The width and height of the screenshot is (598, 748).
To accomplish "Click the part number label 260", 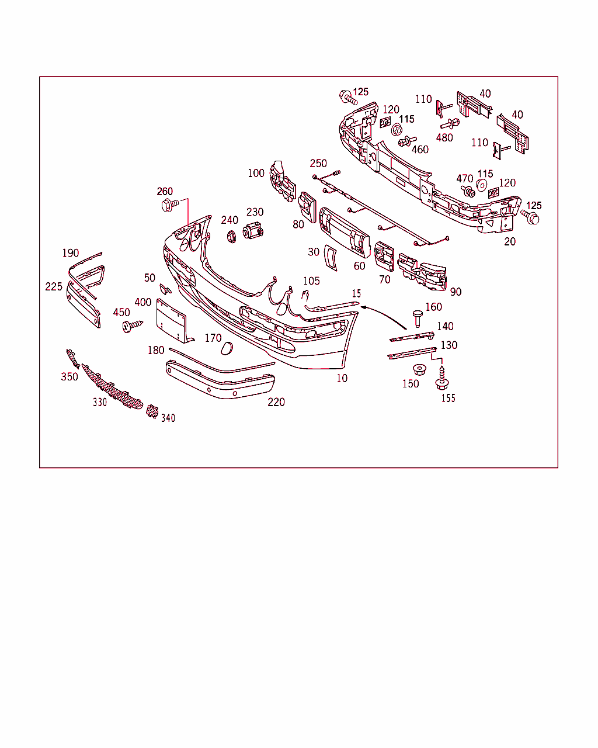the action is point(165,191).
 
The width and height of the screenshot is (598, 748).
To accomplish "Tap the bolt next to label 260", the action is point(170,205).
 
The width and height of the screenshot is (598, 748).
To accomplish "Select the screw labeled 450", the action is point(133,326).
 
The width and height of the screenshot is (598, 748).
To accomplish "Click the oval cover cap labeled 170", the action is point(227,348).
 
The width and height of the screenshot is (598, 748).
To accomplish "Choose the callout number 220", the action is point(276,402).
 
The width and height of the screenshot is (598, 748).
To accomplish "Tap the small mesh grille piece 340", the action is point(152,411).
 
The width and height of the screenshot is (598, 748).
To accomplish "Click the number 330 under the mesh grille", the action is point(100,402).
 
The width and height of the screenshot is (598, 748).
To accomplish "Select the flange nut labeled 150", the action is point(420,369).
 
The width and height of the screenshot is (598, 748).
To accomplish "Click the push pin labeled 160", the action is point(418,318).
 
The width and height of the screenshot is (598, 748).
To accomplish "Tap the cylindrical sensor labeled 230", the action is point(253,231).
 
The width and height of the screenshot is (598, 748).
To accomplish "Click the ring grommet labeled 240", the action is point(231,237).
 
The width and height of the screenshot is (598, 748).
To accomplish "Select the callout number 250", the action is point(318,164).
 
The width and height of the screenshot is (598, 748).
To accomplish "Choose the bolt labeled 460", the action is point(407,141).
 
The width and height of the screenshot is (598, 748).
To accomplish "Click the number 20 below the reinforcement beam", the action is point(510,241).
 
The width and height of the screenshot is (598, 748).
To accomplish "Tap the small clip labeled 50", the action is point(165,289).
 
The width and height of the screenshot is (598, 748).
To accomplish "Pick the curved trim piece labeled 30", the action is point(331,258).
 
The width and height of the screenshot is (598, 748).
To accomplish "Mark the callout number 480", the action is point(444,138).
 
